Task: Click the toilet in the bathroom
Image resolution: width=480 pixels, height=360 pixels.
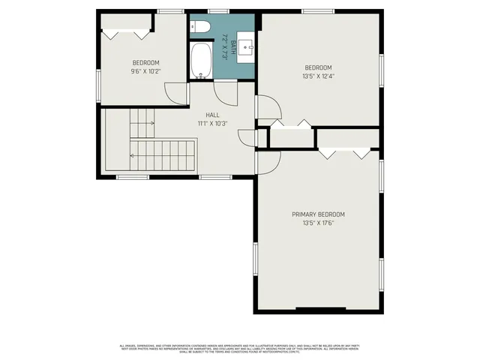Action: tap(198, 28)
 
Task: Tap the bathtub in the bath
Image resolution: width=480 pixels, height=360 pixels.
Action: tap(201, 61)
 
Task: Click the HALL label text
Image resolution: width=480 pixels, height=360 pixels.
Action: tap(212, 115)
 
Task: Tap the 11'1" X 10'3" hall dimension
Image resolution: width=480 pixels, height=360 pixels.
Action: tap(212, 124)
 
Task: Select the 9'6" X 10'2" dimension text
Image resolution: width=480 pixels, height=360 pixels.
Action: tap(146, 71)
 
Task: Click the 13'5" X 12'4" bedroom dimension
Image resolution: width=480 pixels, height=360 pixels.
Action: tap(318, 76)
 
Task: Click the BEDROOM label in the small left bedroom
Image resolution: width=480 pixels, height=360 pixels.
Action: tap(146, 63)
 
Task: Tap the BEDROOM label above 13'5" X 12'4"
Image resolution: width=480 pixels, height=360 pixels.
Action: tap(318, 67)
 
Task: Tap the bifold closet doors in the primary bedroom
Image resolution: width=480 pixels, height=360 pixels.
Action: tap(344, 152)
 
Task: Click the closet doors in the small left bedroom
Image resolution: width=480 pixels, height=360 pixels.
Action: tap(126, 34)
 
